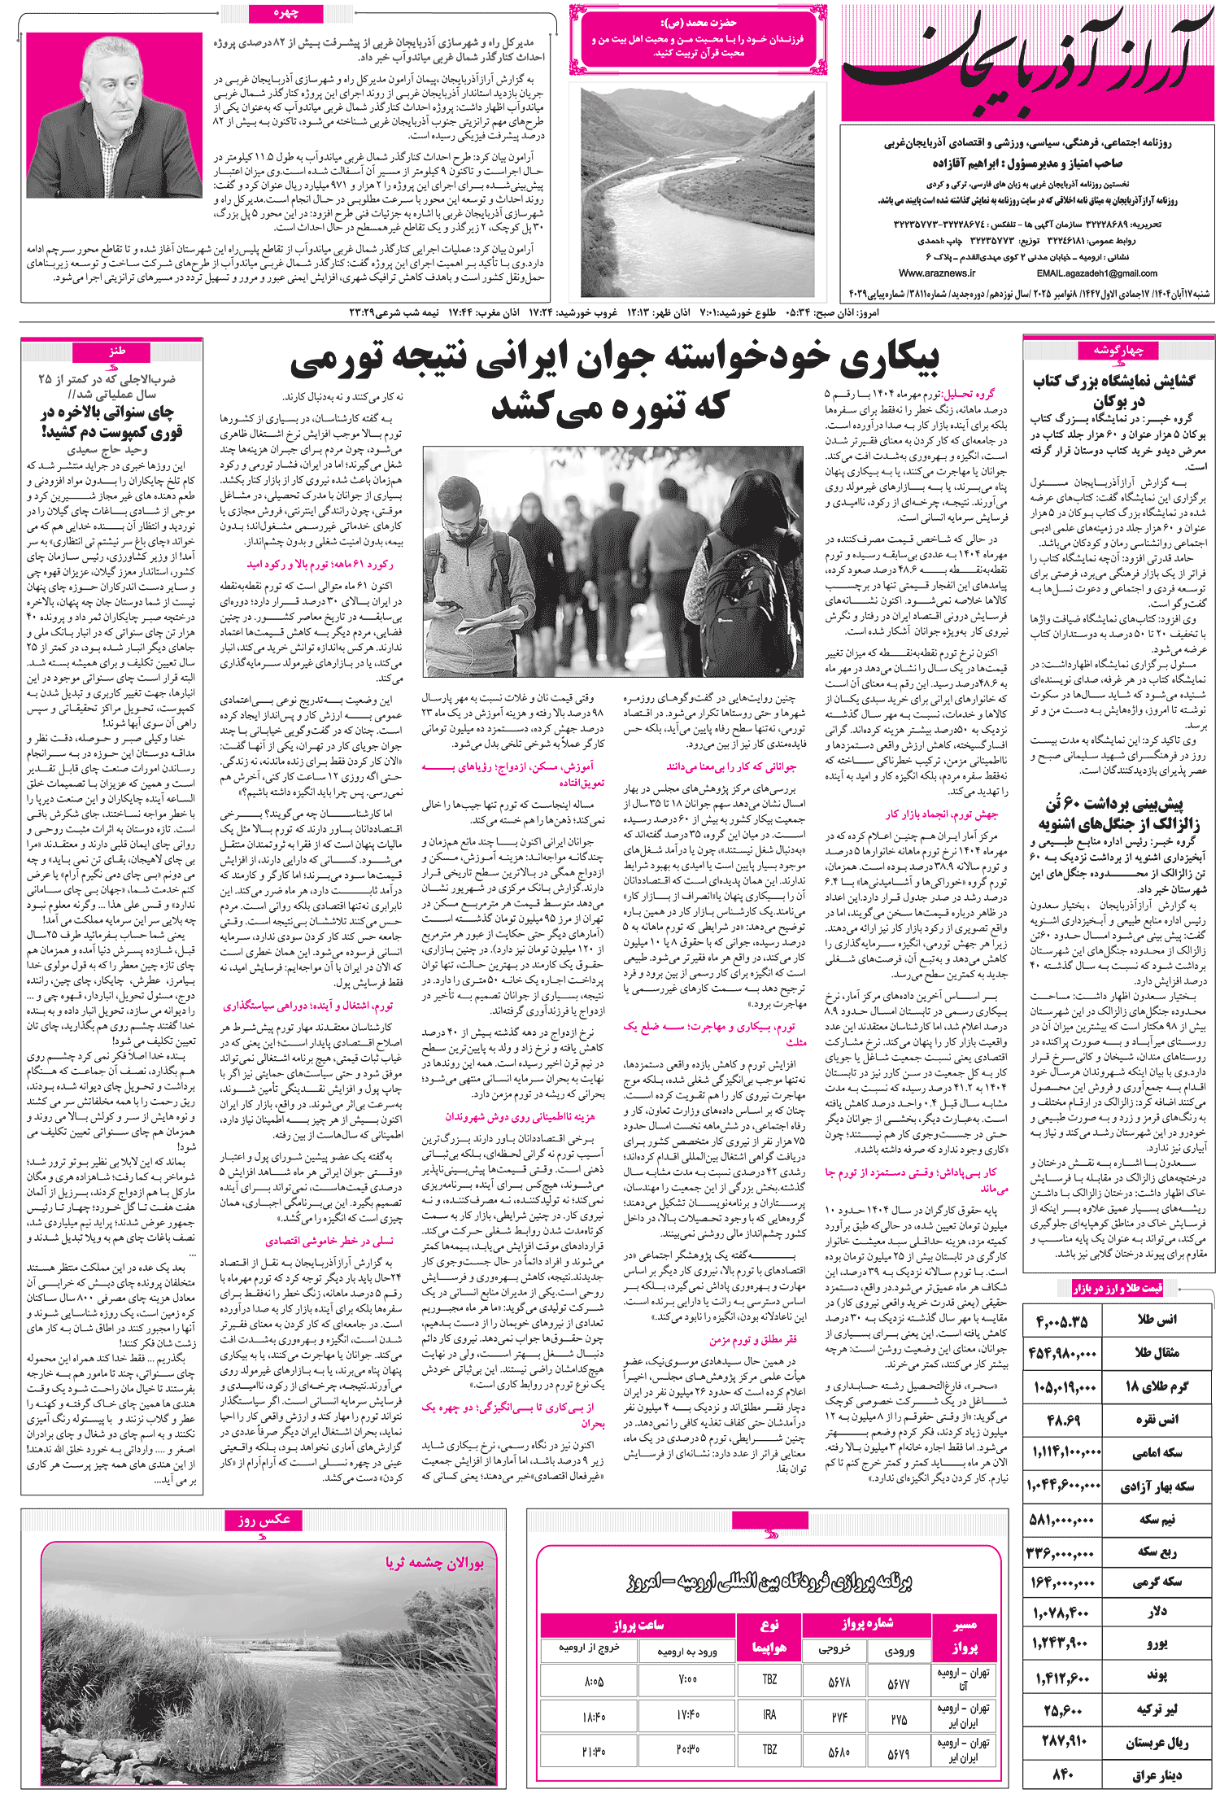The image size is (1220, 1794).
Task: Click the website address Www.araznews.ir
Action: pyautogui.click(x=937, y=273)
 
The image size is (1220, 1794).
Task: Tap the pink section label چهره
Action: pyautogui.click(x=286, y=13)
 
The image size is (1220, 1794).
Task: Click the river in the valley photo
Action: pyautogui.click(x=691, y=203)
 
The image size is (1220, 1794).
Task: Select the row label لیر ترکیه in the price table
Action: pyautogui.click(x=1156, y=1709)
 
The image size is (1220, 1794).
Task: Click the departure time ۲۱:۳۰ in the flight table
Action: pyautogui.click(x=594, y=1749)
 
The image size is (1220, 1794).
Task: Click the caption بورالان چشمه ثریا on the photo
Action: pyautogui.click(x=434, y=1562)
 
